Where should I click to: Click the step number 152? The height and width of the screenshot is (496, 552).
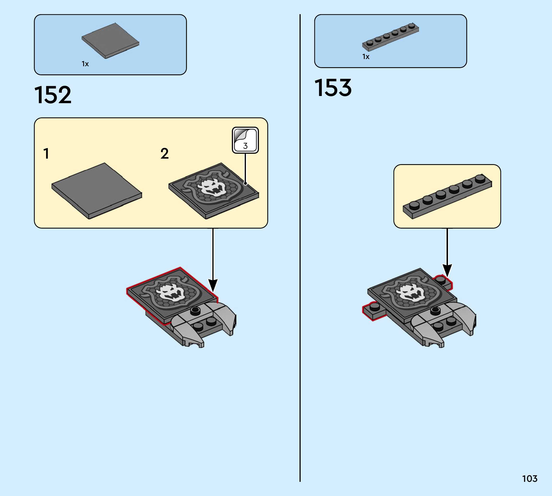pyautogui.click(x=53, y=95)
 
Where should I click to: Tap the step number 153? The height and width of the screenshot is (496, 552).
pyautogui.click(x=333, y=88)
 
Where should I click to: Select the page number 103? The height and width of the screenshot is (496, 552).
pyautogui.click(x=529, y=478)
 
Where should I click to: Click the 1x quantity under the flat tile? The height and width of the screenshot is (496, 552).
pyautogui.click(x=85, y=64)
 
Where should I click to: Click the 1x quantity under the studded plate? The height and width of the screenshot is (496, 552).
pyautogui.click(x=366, y=57)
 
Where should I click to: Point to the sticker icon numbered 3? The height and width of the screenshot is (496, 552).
pyautogui.click(x=245, y=140)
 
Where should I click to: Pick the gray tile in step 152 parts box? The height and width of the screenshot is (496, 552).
pyautogui.click(x=110, y=41)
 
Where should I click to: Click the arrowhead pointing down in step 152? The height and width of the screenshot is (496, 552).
pyautogui.click(x=213, y=285)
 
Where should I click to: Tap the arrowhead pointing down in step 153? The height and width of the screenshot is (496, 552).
pyautogui.click(x=447, y=270)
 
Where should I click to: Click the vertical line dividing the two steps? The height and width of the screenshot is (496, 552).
pyautogui.click(x=300, y=245)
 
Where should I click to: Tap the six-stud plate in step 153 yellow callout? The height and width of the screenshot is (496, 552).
pyautogui.click(x=447, y=196)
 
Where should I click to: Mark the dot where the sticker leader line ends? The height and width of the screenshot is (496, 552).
pyautogui.click(x=245, y=184)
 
